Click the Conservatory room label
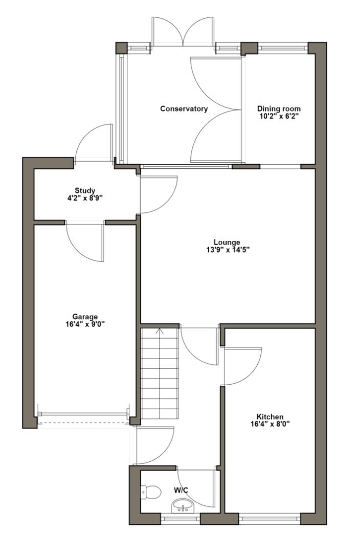tap(184, 109)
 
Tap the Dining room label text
tap(279, 108)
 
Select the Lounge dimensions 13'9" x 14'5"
tap(228, 250)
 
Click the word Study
tap(85, 191)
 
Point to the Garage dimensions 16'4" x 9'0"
tap(84, 324)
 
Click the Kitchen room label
tap(270, 417)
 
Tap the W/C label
tap(181, 491)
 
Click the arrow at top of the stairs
tap(160, 331)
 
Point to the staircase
tap(160, 373)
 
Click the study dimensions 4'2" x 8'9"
tap(85, 198)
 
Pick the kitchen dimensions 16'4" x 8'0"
tap(270, 424)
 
